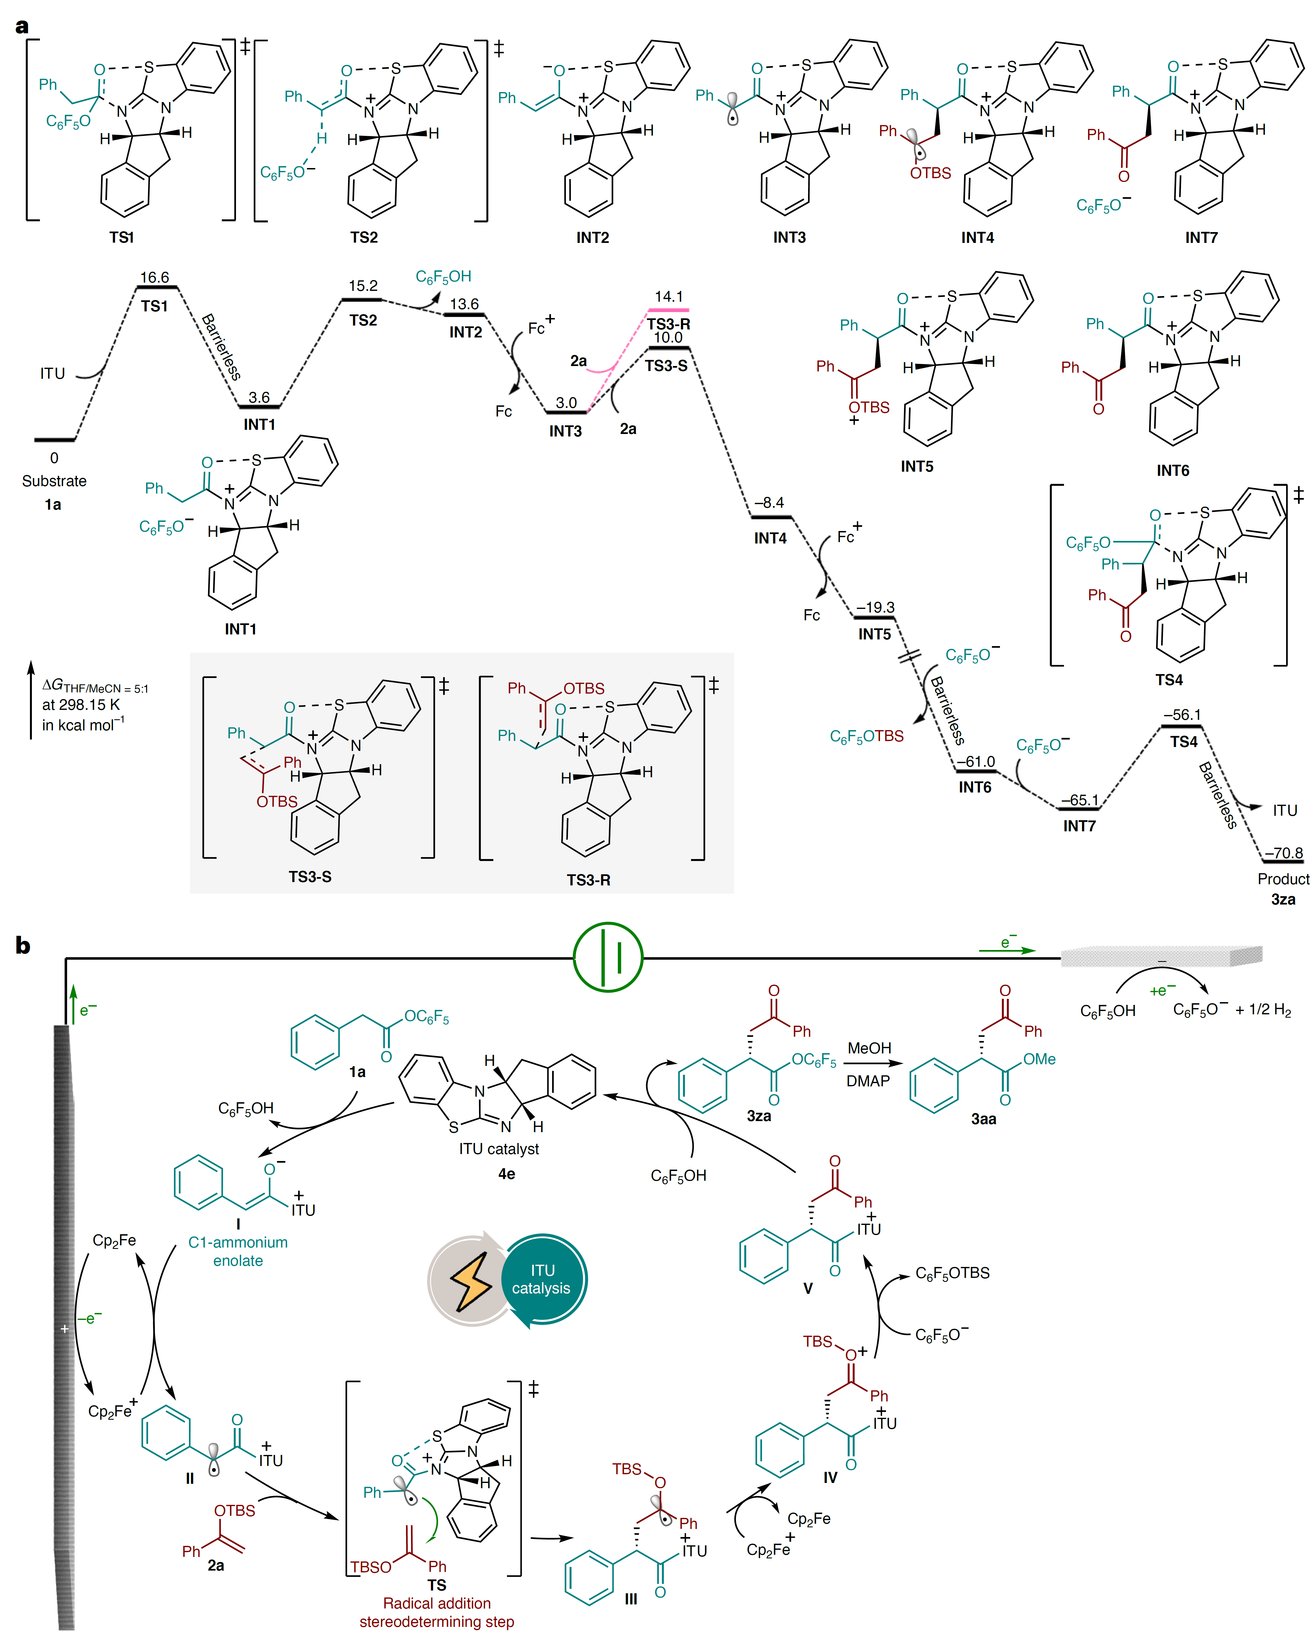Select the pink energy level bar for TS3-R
click(x=667, y=310)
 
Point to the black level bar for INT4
click(x=771, y=518)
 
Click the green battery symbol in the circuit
click(x=607, y=957)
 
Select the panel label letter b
click(x=23, y=946)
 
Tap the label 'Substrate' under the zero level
click(x=54, y=481)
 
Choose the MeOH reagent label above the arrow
click(x=869, y=1048)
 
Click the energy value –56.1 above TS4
click(x=1182, y=715)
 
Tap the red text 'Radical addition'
click(x=437, y=1603)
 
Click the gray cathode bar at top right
click(x=1161, y=956)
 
